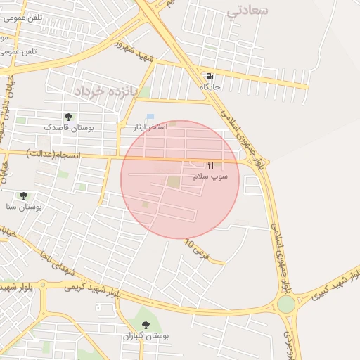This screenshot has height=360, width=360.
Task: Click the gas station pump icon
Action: click(x=210, y=76)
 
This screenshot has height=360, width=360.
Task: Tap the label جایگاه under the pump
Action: click(x=210, y=86)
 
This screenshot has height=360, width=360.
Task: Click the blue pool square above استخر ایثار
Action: click(x=150, y=116)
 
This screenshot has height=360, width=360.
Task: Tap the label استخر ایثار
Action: click(x=150, y=127)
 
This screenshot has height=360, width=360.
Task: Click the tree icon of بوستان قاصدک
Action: click(x=68, y=117)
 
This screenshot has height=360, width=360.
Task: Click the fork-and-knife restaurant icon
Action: click(x=210, y=165)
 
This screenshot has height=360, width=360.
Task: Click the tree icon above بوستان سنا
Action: click(x=23, y=195)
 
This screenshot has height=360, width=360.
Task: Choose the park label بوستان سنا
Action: click(x=24, y=207)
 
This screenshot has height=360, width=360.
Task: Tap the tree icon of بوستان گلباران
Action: click(x=146, y=324)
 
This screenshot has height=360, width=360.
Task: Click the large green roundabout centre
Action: click(x=286, y=304)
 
